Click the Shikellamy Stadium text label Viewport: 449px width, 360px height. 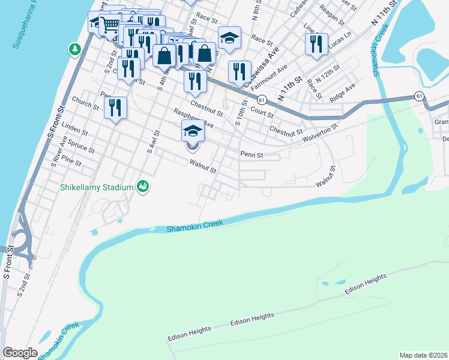pyautogui.click(x=96, y=187)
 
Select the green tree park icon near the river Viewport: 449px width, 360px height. pyautogui.click(x=75, y=49)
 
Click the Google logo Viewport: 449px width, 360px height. pyautogui.click(x=20, y=353)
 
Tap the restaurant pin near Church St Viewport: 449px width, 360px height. pyautogui.click(x=115, y=108)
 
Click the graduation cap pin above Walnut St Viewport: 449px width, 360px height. pyautogui.click(x=193, y=131)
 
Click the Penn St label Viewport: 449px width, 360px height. pyautogui.click(x=252, y=154)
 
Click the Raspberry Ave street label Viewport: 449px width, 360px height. pyautogui.click(x=193, y=118)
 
